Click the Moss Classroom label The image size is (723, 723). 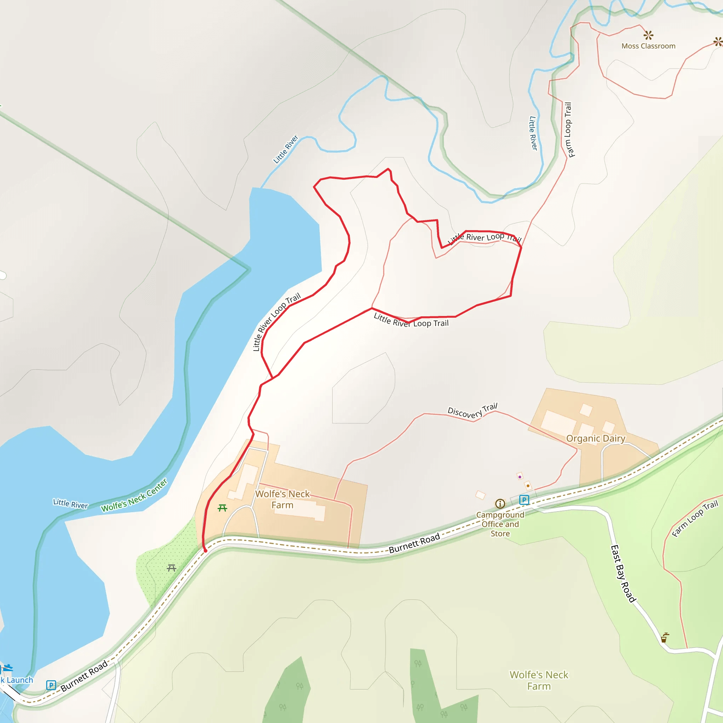point(648,46)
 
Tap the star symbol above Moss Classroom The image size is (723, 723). point(648,36)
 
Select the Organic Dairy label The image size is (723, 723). point(596,438)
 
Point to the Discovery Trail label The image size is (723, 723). point(472,411)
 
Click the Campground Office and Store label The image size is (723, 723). point(500,524)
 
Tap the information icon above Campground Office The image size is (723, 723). point(500,504)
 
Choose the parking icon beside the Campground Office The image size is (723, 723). point(524,500)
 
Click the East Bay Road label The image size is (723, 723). point(623,574)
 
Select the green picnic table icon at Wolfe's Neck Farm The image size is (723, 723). point(222,508)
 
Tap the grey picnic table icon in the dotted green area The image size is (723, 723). point(171,568)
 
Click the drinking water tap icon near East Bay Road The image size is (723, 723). point(664,637)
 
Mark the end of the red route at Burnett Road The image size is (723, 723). point(205,550)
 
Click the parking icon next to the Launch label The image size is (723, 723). point(51,685)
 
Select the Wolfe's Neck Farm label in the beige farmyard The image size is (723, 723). point(282,499)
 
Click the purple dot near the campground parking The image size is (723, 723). point(519,477)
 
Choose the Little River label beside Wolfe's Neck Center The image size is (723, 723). point(70,503)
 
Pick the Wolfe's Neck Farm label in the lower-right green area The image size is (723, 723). point(539,680)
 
